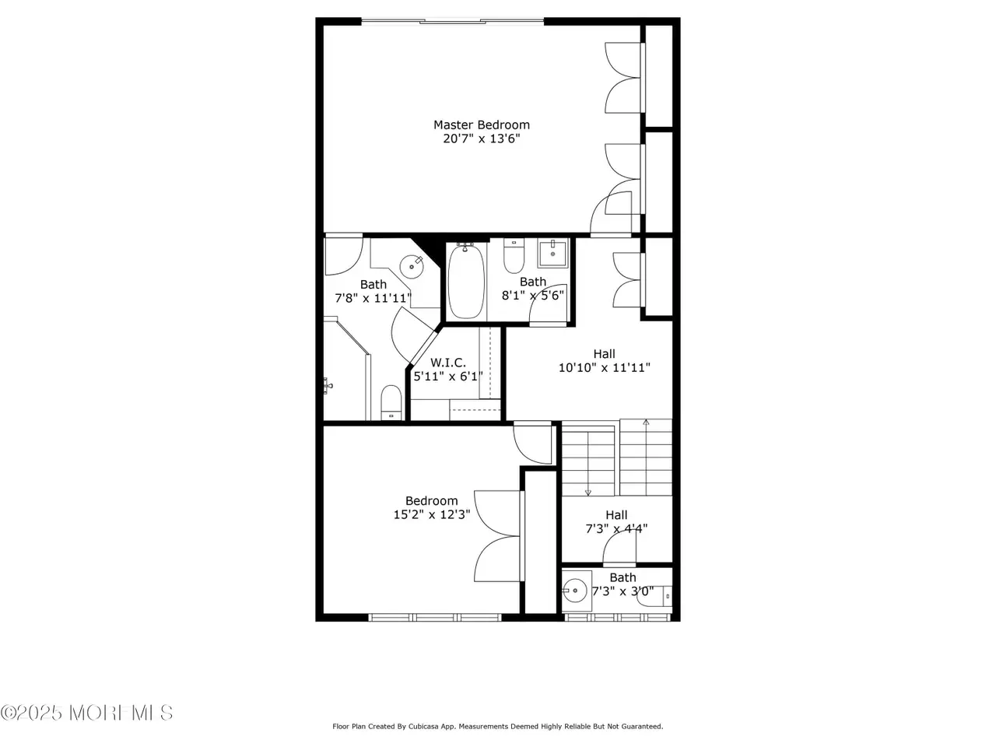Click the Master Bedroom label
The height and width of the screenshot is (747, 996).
point(481,124)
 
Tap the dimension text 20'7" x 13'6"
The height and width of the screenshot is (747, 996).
point(481,139)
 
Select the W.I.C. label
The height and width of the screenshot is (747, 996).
point(447,363)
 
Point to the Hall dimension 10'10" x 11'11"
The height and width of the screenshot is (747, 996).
point(604,367)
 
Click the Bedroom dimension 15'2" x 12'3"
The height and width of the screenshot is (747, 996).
point(432,514)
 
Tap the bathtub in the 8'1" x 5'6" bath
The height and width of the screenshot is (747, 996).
point(466,281)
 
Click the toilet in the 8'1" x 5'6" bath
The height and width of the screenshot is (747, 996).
point(514,256)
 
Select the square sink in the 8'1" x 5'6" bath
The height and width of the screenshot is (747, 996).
point(552,254)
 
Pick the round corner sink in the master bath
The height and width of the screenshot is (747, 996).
point(412,266)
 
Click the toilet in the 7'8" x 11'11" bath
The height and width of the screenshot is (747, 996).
point(391,402)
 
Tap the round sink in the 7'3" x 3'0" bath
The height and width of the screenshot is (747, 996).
point(575,591)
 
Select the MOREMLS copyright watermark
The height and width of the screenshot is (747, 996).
point(86,713)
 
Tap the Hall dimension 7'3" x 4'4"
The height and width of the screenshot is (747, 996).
point(616,528)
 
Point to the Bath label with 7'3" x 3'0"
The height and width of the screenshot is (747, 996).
point(622,577)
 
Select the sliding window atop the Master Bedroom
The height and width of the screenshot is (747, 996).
point(452,21)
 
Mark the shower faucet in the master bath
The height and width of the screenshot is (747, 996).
point(328,386)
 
